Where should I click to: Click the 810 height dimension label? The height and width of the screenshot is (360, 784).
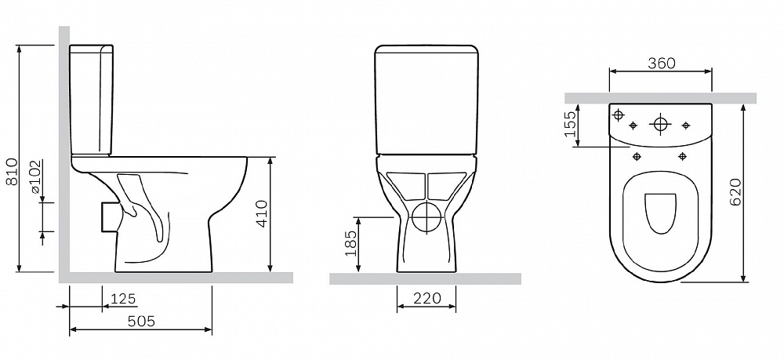(12, 172)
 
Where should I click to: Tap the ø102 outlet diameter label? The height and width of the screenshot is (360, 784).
(35, 177)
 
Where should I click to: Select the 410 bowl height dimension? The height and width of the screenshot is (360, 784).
(262, 213)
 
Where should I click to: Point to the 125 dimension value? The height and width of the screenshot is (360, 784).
(123, 299)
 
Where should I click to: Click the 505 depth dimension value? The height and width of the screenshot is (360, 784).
(141, 321)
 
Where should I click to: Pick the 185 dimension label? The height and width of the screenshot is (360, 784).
(351, 243)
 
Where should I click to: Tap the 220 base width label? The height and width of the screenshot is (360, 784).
(427, 299)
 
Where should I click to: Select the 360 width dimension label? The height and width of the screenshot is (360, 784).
(662, 64)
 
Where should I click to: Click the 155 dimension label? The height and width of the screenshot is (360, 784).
(569, 125)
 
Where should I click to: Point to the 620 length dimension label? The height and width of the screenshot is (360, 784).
(735, 192)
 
